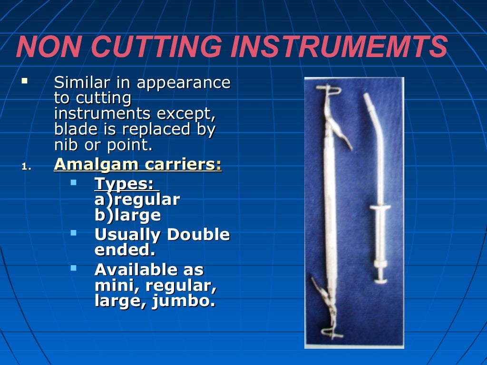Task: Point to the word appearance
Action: [x=184, y=83]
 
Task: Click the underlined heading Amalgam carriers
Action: [x=137, y=164]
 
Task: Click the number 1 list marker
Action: [x=26, y=167]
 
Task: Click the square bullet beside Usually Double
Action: [x=73, y=232]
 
